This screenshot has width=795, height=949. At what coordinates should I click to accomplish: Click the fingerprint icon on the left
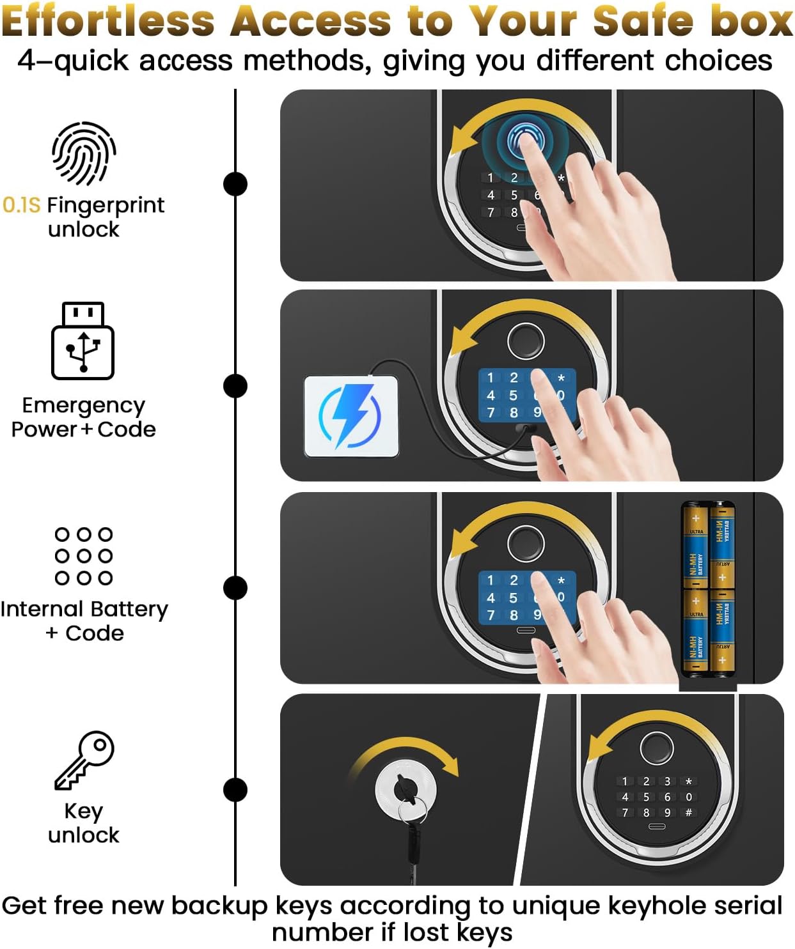coord(84,153)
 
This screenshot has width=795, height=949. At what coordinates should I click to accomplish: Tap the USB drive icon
coord(83,341)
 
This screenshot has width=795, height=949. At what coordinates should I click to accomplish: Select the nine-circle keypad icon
coord(84,556)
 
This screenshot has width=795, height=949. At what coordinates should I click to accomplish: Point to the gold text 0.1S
coord(22,205)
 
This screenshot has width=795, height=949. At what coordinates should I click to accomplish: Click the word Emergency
coord(83,406)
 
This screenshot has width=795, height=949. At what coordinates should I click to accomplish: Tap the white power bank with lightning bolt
coord(351,417)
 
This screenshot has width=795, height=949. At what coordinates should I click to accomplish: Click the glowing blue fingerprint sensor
coord(525,141)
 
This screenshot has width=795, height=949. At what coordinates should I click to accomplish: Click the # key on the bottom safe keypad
coord(688,813)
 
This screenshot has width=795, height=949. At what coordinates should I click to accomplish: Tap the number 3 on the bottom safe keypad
coord(667,781)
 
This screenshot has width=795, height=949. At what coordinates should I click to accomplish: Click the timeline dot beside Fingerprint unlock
coord(235,184)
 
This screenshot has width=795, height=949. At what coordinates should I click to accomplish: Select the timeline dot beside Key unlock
coord(235,790)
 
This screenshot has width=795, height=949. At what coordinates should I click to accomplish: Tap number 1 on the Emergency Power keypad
coord(491,378)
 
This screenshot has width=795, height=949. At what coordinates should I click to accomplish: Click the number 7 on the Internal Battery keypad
coord(491,615)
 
